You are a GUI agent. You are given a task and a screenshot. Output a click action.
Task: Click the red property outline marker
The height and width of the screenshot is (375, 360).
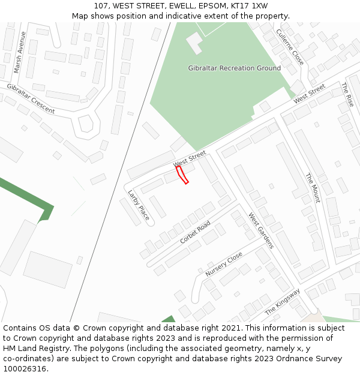[182, 175]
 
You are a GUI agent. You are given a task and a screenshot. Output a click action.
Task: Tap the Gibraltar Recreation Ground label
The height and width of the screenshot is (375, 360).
[234, 68]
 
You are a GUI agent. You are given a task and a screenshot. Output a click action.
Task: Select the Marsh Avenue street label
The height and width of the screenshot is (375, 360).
[20, 52]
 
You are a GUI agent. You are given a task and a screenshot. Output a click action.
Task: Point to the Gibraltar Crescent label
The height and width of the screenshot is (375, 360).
[31, 98]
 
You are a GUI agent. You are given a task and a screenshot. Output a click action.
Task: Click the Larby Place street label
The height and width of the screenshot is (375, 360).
[139, 205]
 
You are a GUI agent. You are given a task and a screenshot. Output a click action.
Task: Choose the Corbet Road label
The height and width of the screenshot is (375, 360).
[195, 232]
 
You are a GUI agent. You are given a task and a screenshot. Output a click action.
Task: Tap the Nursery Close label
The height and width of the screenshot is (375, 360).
[224, 264]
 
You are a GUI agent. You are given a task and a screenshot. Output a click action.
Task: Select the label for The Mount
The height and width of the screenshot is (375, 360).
[313, 188]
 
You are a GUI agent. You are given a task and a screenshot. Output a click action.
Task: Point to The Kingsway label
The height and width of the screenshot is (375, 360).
[282, 303]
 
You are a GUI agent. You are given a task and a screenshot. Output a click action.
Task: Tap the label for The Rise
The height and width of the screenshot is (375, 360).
[348, 95]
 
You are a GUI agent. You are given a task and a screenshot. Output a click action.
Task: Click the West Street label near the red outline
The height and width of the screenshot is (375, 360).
[190, 160]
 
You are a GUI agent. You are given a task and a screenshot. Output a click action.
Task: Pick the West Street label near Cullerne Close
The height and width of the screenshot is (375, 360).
[310, 94]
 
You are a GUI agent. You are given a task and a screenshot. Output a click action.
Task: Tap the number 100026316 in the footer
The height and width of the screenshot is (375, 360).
[25, 369]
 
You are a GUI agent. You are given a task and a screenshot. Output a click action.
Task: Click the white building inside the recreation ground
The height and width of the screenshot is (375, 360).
[194, 43]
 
